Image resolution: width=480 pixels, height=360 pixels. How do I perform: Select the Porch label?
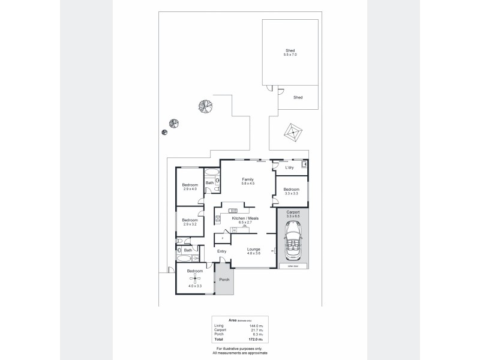224,280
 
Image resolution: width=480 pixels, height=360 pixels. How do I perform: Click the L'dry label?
289,167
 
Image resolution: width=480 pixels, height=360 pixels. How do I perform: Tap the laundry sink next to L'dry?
304,163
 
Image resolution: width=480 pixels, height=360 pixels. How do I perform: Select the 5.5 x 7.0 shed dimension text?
290,55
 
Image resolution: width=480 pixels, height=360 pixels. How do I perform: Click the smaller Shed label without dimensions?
297,97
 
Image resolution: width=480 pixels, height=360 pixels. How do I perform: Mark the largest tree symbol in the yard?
206,106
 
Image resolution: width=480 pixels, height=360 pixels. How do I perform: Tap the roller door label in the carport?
292,266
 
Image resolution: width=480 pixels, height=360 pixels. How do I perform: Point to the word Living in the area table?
219,325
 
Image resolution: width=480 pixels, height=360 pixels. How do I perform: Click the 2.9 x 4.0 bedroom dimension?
190,189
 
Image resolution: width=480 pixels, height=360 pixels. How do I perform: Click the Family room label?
247,179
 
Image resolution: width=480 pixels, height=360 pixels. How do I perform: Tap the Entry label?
221,251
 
